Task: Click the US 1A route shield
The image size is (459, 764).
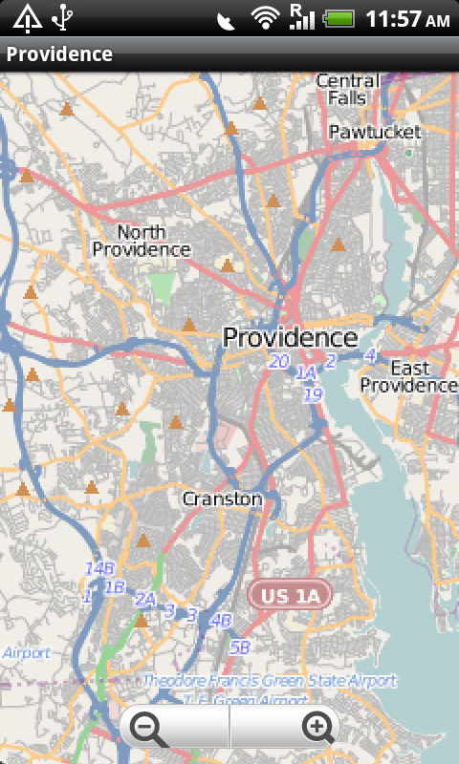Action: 289,596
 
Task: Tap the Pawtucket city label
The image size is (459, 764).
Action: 367,132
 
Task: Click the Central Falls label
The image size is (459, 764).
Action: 347,89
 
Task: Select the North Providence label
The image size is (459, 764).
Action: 142,241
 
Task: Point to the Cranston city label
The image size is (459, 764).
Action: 222,499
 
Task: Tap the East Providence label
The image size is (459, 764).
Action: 409,376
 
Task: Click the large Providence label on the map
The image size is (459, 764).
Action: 290,337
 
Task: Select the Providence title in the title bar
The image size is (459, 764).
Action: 59,54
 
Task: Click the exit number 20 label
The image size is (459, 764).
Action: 278,361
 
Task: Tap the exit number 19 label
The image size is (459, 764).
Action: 314,393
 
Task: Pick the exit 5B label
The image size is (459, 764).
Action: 240,647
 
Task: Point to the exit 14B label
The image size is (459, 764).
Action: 99,568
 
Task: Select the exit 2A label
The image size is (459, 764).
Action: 144,600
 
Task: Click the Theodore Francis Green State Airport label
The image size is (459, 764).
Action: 269,681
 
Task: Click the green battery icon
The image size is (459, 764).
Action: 339,18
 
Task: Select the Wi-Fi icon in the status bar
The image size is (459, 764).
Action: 265,18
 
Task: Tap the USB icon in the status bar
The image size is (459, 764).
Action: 62,18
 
